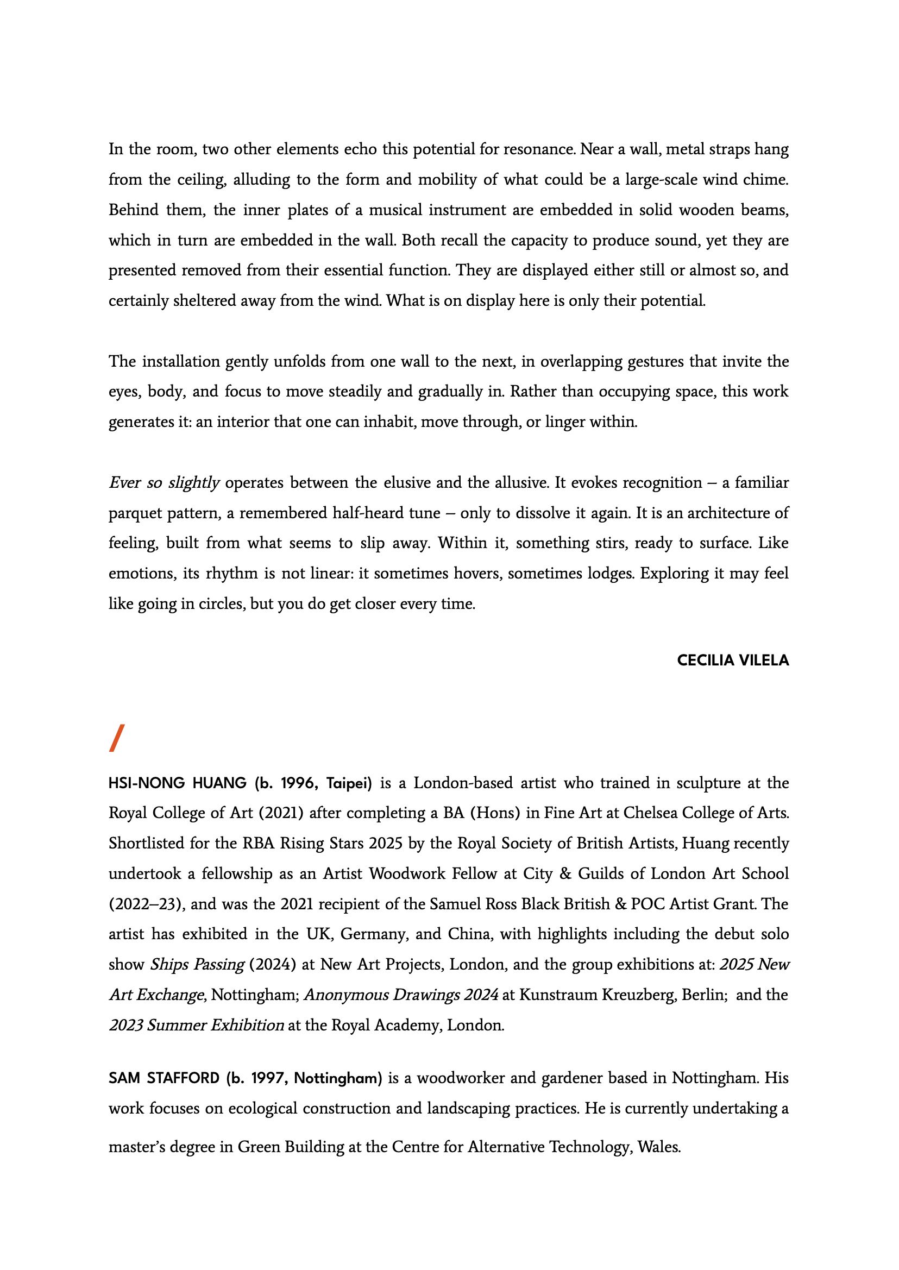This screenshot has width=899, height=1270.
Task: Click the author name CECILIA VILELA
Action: click(732, 660)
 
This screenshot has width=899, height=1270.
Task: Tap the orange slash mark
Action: click(117, 738)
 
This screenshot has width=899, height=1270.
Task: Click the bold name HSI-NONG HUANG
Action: click(177, 783)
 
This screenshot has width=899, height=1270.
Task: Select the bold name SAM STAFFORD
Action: click(164, 1078)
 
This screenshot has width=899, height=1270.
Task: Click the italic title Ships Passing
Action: click(197, 964)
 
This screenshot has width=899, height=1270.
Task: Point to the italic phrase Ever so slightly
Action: click(164, 483)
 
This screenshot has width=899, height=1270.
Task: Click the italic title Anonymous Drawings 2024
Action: click(401, 995)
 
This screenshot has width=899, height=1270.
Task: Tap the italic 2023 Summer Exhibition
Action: click(196, 1026)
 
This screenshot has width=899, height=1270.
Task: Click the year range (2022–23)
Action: click(146, 904)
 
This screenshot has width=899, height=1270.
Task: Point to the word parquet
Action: click(136, 513)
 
